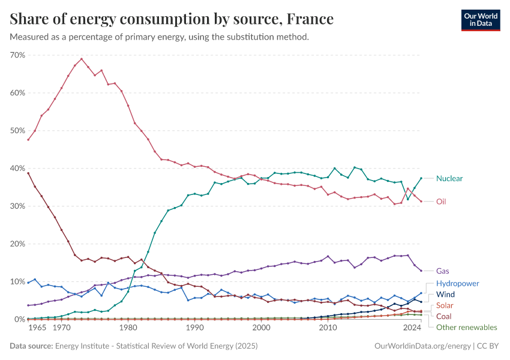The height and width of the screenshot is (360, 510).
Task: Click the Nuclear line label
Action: (449, 178)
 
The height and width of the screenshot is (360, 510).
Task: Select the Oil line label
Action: (441, 202)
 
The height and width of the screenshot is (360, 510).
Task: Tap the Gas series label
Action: (443, 271)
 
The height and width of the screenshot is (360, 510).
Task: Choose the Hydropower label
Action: (458, 283)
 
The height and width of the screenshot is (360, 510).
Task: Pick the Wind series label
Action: (445, 295)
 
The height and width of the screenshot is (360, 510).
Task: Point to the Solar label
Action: (445, 305)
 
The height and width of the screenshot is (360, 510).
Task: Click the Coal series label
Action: (445, 316)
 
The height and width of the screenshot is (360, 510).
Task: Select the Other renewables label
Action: (467, 328)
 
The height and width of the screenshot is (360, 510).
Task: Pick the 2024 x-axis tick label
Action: (412, 328)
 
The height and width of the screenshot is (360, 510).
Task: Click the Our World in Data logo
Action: (480, 20)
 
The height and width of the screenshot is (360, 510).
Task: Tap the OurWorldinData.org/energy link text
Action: (422, 346)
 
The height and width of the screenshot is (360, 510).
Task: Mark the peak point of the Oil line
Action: (82, 59)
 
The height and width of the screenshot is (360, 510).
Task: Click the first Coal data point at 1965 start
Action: (28, 173)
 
